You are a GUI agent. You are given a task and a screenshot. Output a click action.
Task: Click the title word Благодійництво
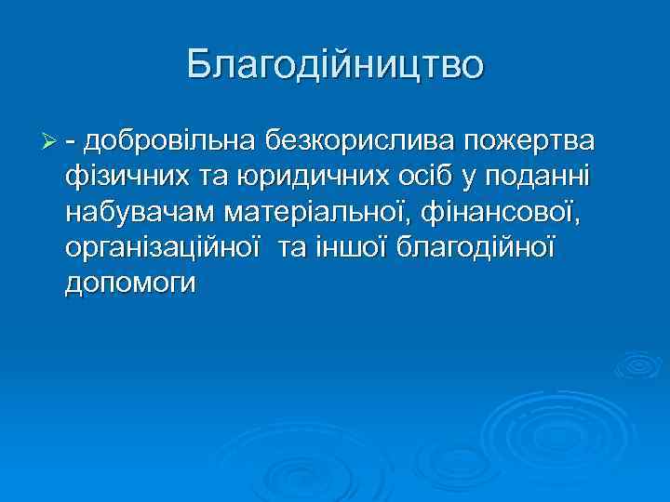point(335,65)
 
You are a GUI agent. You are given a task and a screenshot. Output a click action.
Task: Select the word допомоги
point(130,283)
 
